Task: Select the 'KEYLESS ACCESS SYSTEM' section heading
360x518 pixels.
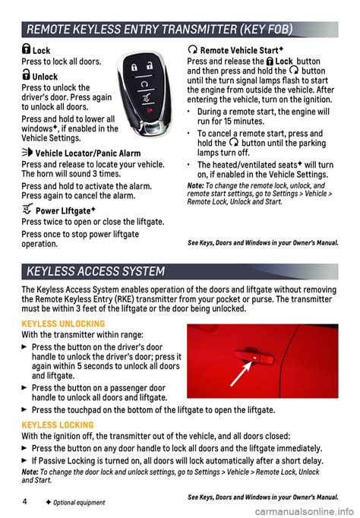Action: pos(96,271)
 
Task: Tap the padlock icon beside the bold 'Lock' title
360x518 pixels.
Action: pos(27,50)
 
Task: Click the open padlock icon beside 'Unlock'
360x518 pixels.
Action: pos(27,76)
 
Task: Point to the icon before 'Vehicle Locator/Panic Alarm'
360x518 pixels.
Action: pos(28,153)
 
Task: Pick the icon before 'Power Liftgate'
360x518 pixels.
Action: pos(28,210)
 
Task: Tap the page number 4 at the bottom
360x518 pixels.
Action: pos(25,501)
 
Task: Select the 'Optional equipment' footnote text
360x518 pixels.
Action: pos(81,503)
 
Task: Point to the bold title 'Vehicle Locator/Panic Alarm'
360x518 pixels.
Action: pos(87,153)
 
